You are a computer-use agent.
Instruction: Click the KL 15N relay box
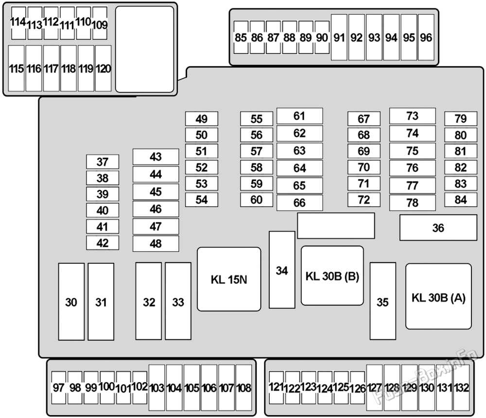tap(229, 279)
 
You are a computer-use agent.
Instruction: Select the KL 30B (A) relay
tap(438, 296)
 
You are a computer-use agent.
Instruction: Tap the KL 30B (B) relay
tap(332, 276)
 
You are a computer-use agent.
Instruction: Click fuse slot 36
tap(438, 227)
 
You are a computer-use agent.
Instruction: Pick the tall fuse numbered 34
tap(282, 270)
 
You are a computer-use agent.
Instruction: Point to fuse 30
tap(71, 302)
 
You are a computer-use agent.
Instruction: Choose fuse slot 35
tap(382, 301)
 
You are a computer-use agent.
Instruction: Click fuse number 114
tap(18, 23)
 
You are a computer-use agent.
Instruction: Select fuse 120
tap(103, 69)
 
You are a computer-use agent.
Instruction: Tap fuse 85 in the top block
tap(241, 37)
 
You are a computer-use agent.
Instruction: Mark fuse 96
tap(426, 37)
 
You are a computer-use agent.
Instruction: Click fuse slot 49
tap(202, 119)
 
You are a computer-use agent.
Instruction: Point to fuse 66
tap(299, 203)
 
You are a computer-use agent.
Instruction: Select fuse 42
tap(102, 243)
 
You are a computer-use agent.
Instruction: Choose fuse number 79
tap(461, 119)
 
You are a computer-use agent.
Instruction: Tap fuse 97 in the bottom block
tap(59, 387)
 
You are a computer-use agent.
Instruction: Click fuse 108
tap(243, 387)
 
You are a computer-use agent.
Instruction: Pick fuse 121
tap(276, 387)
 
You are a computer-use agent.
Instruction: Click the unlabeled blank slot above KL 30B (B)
tap(336, 226)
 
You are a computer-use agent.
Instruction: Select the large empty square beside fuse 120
tap(144, 49)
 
